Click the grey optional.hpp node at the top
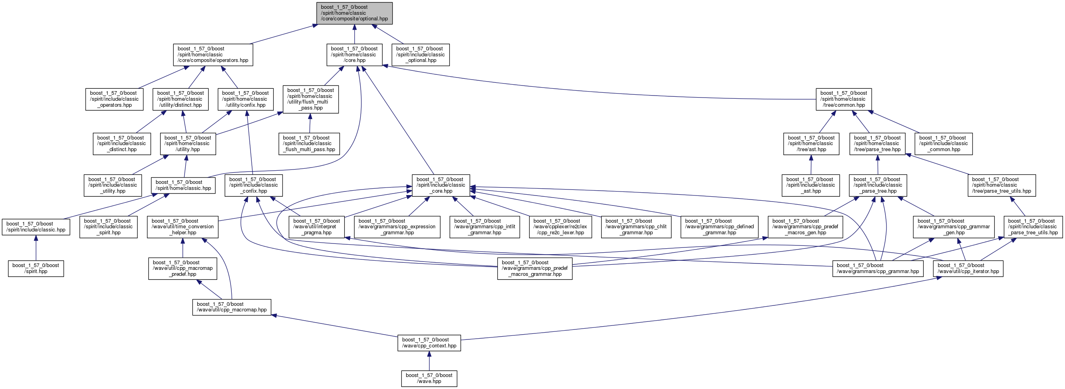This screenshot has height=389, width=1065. pos(354,13)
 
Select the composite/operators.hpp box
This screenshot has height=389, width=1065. pos(213,54)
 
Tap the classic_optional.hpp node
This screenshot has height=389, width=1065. pos(421,54)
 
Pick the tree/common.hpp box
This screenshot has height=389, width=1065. pos(844,99)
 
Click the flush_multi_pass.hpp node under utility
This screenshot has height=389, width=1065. pos(311,99)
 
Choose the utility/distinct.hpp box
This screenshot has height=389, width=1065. pos(180,99)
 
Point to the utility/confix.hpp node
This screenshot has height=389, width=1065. pos(246,99)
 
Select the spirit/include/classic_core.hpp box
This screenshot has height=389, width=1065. pos(441,186)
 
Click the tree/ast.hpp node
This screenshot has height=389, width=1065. pos(811,144)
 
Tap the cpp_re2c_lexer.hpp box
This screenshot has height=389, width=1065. pos(560,227)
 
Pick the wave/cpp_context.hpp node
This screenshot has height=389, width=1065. pos(429,343)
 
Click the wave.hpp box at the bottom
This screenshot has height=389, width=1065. pos(429,378)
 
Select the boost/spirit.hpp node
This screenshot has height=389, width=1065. pos(36,268)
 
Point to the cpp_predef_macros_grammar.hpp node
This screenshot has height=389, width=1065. pos(535,268)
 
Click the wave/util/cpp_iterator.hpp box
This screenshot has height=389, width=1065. pos(968,268)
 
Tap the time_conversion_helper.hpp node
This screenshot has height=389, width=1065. pos(183,227)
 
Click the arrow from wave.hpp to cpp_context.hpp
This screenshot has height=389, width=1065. pos(429,361)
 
